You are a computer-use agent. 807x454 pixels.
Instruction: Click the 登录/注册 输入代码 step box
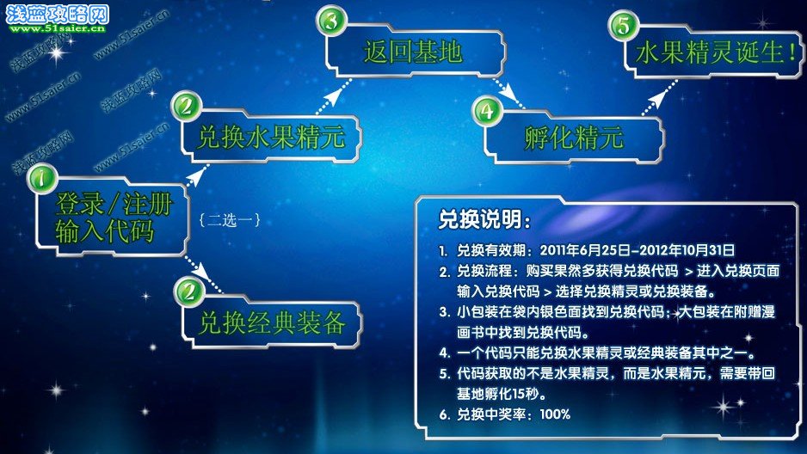coord(111,217)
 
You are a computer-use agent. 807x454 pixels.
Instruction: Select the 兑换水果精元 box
coord(271,138)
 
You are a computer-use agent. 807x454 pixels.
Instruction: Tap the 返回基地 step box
coord(415,52)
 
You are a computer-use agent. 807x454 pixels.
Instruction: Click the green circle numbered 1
coord(42,178)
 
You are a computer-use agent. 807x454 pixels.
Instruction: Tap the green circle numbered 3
coord(331,21)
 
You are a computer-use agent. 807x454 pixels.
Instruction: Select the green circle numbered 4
coord(487,111)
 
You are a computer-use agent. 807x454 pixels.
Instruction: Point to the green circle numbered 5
coord(623,25)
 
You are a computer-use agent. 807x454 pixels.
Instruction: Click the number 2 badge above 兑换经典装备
coord(189,292)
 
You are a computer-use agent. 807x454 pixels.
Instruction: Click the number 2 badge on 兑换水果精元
coord(187,107)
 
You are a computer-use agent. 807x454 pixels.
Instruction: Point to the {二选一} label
coord(230,220)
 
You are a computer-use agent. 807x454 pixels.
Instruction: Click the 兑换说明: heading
coord(484,219)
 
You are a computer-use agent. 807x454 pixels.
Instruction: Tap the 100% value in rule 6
coord(555,414)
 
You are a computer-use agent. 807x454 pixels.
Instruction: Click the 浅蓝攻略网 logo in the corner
coord(57,17)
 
